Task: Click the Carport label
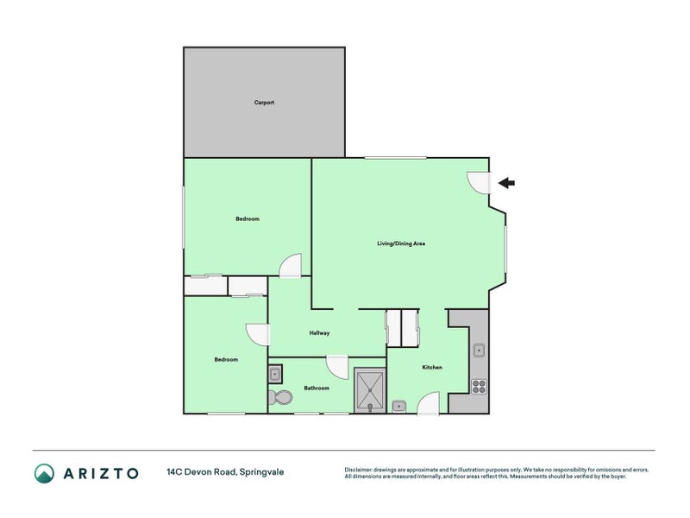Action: point(264,102)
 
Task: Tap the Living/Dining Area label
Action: point(401,243)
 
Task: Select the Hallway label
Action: point(319,333)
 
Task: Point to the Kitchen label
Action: point(432,367)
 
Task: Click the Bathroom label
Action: point(317,388)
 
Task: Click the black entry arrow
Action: point(506,182)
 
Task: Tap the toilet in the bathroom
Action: point(279,397)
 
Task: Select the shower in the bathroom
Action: point(370,390)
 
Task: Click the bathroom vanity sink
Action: point(275,375)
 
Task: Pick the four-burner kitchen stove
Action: point(479,386)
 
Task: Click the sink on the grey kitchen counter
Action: point(479,351)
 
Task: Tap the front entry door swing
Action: point(480,182)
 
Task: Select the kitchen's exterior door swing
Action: point(428,403)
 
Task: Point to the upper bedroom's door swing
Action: point(291,266)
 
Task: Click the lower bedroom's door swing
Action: point(257,335)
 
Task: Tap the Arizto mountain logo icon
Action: point(45,473)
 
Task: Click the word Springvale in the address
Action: point(262,472)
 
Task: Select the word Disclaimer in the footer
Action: point(358,470)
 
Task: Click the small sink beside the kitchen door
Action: point(398,406)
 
